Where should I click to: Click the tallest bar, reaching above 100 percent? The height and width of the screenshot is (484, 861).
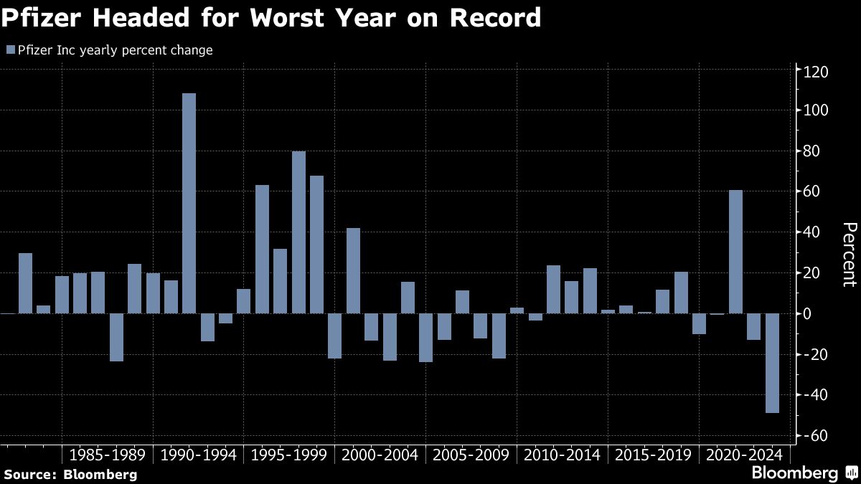[x=189, y=203]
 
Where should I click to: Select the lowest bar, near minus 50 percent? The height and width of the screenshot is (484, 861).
[x=772, y=363]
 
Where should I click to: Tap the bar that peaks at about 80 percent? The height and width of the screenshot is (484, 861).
[x=298, y=232]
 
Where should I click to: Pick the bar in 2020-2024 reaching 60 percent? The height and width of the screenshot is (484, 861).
[x=735, y=252]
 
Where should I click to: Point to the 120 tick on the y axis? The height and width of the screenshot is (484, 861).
[x=814, y=72]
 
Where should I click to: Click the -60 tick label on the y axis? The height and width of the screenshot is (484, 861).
[x=814, y=436]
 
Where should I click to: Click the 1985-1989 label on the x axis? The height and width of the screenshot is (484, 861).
[x=108, y=455]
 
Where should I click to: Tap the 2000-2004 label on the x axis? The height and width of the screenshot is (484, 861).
[x=380, y=455]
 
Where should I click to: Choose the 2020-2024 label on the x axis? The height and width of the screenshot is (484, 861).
[x=744, y=455]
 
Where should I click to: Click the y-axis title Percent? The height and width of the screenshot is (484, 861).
[x=849, y=255]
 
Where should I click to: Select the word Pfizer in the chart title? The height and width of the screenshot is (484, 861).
[x=37, y=18]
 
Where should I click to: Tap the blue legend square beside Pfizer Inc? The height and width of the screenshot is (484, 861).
[x=10, y=50]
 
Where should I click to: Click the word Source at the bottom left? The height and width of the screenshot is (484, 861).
[x=29, y=474]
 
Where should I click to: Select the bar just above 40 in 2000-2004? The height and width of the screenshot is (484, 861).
[x=353, y=270]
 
